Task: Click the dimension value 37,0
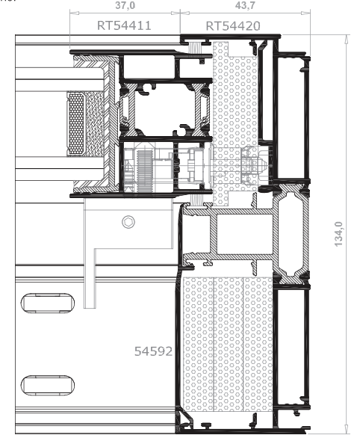[x=125, y=5]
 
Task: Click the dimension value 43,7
[x=245, y=5]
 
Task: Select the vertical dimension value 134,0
[x=338, y=234]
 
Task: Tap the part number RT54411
[x=124, y=25]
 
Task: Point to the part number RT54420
[x=233, y=26]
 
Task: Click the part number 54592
[x=153, y=351]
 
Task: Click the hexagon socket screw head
[x=128, y=222]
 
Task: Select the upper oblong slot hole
[x=48, y=303]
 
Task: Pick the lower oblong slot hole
[x=48, y=385]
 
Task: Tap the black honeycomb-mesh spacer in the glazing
[x=76, y=124]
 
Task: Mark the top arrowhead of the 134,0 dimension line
[x=346, y=39]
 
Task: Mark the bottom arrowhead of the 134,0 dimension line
[x=346, y=429]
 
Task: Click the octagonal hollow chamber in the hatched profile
[x=291, y=234]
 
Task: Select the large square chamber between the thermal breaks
[x=165, y=109]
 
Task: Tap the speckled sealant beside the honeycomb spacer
[x=94, y=124]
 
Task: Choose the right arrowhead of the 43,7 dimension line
[x=306, y=13]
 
